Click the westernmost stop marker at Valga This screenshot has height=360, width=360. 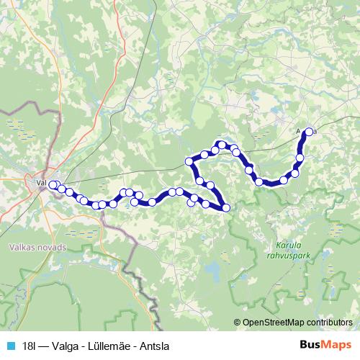(x=53, y=185)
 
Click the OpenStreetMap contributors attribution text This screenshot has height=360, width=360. (x=296, y=323)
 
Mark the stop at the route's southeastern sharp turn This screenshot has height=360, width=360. (x=226, y=208)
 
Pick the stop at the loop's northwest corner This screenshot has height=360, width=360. (x=189, y=161)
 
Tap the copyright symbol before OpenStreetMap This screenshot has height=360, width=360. (x=238, y=323)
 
